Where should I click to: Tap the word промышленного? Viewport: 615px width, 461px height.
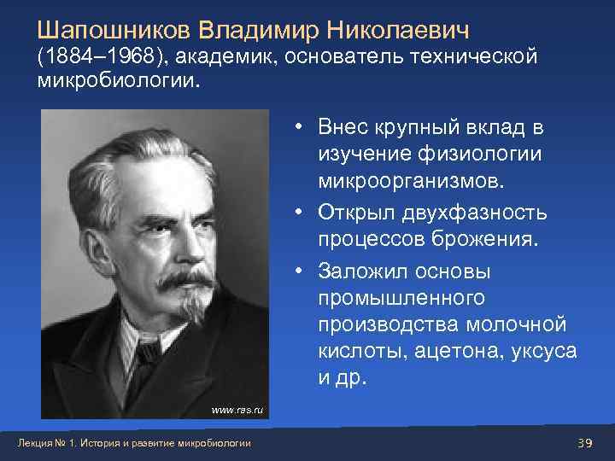tap(401, 298)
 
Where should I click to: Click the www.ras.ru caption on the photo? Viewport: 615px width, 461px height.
tap(238, 411)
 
